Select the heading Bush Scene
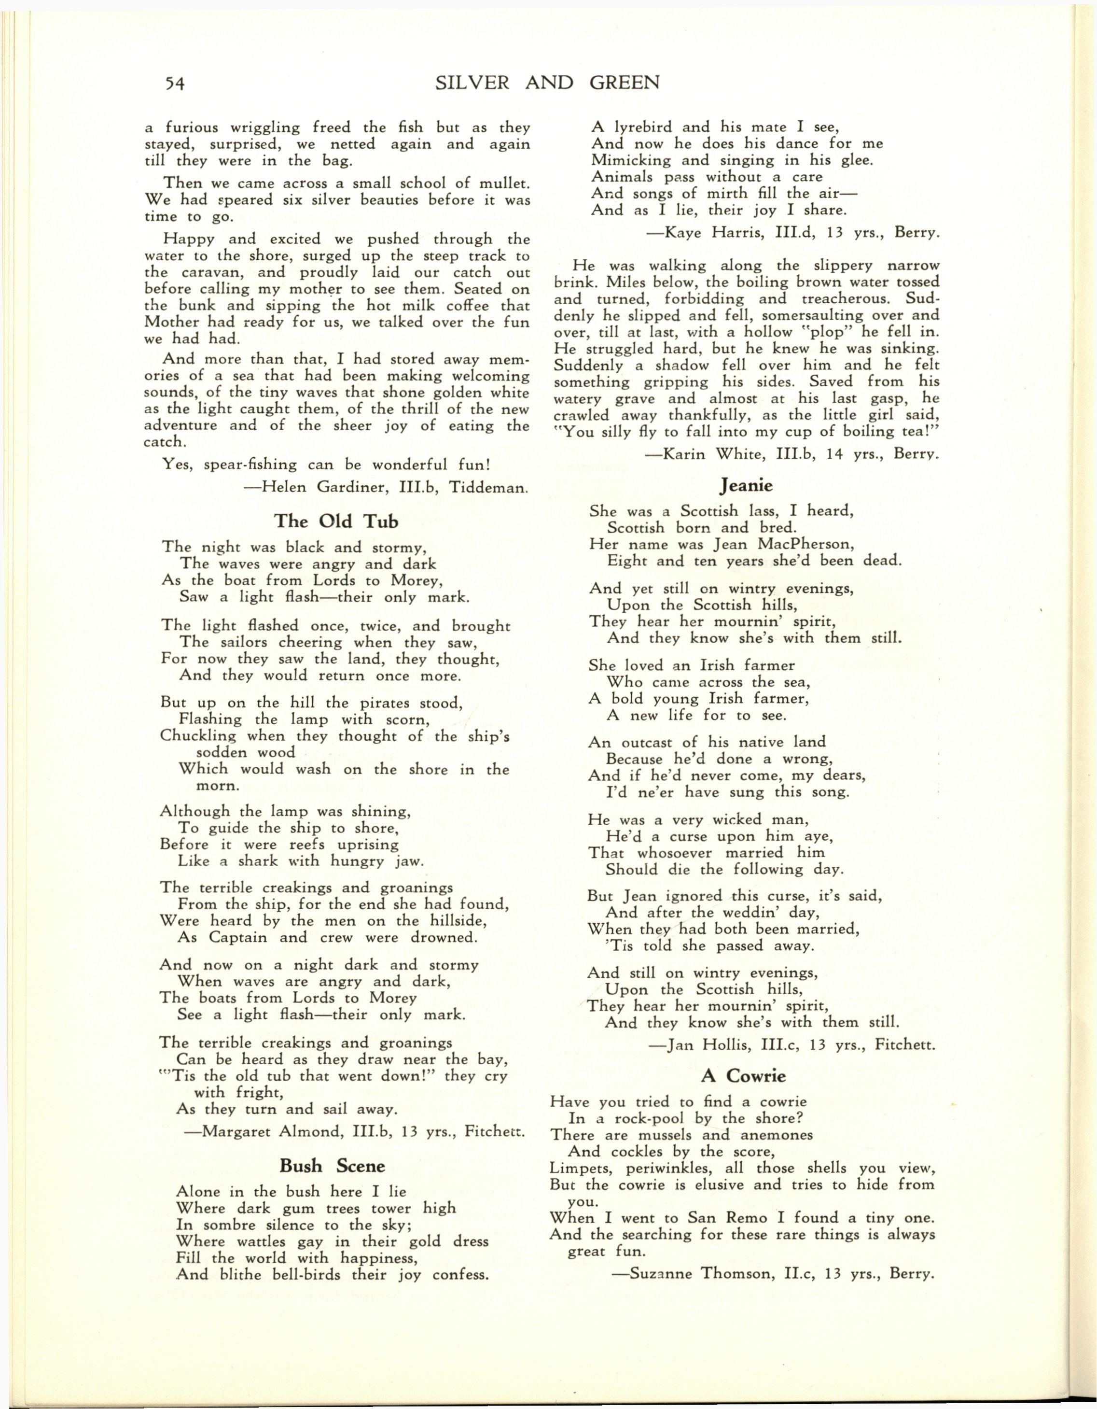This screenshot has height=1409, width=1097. click(x=332, y=1166)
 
